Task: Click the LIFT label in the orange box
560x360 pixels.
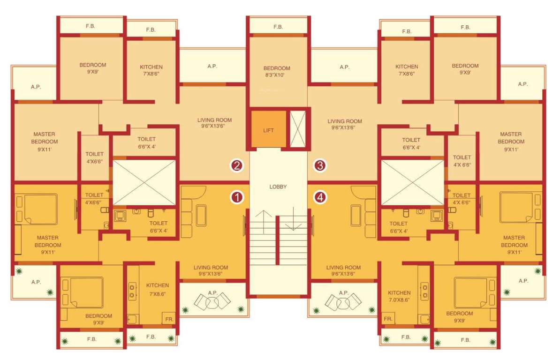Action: click(x=268, y=130)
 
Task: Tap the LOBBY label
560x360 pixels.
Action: click(x=278, y=187)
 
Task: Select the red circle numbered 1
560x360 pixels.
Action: click(x=237, y=197)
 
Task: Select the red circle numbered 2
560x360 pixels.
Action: click(x=237, y=165)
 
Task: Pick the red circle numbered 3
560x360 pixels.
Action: click(x=320, y=165)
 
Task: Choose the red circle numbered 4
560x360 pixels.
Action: click(x=320, y=197)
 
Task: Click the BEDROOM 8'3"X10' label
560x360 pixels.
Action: click(x=277, y=71)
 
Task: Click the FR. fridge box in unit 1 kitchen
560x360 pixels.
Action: click(x=168, y=319)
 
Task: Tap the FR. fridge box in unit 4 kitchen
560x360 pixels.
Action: click(x=388, y=319)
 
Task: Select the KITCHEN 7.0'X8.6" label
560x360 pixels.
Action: click(x=399, y=296)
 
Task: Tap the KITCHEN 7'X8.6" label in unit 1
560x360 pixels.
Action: click(x=158, y=289)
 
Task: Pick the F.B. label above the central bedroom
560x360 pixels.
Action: click(x=278, y=27)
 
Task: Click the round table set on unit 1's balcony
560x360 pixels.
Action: click(x=212, y=301)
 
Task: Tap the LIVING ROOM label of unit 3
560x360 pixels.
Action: click(x=345, y=124)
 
